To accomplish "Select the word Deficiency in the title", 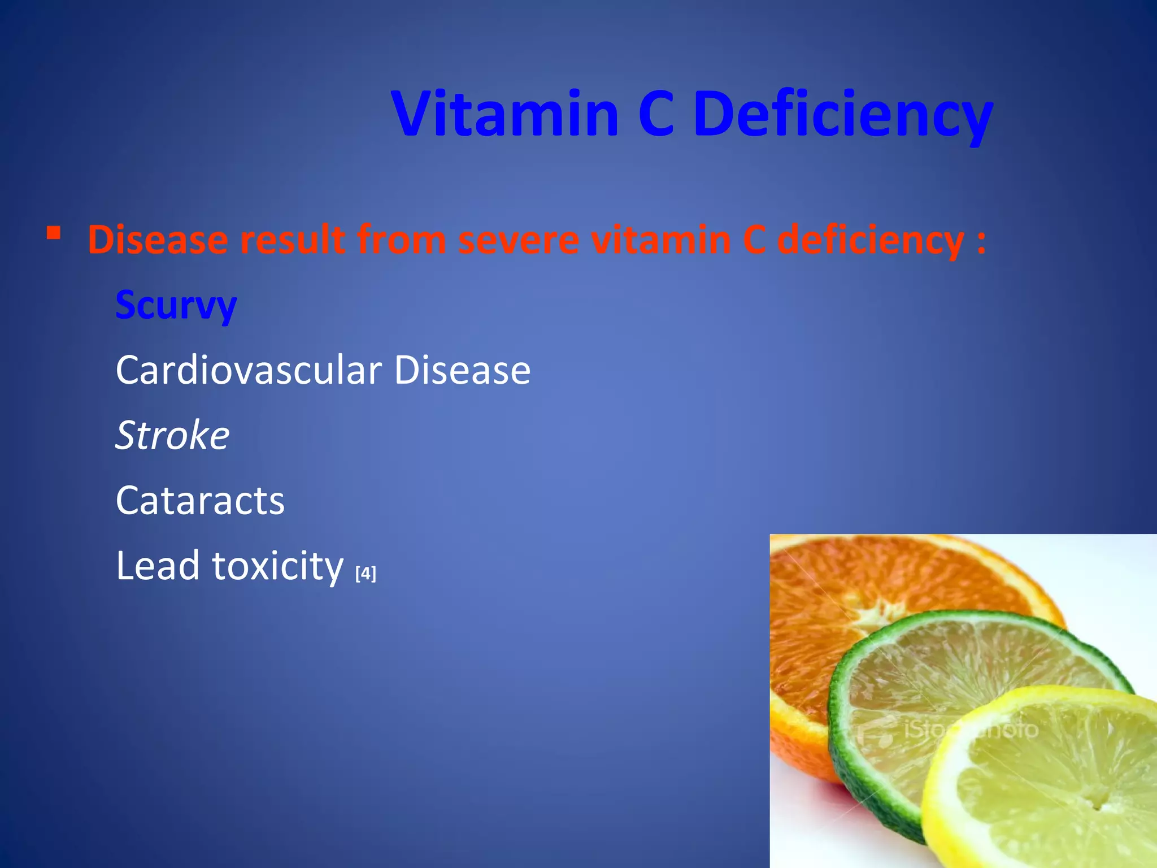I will [842, 116].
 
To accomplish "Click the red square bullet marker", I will [54, 233].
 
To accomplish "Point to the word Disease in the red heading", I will [158, 240].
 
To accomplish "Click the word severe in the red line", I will [519, 240].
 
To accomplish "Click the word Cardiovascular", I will [249, 370].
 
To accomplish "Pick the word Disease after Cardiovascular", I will [462, 370].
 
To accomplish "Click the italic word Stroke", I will [172, 435].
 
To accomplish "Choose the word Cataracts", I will [200, 501].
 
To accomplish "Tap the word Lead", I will [158, 565].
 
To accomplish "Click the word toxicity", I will [277, 566].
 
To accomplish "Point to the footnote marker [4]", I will [366, 574].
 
